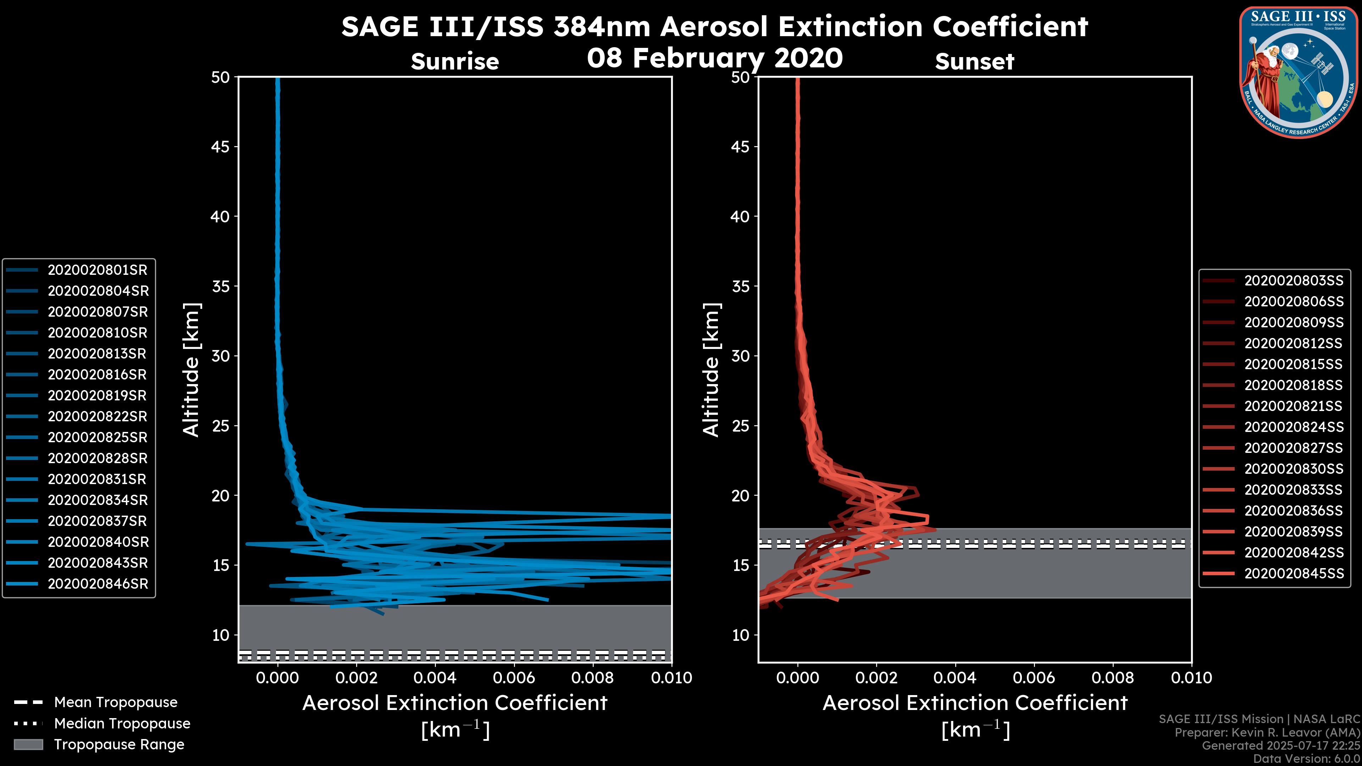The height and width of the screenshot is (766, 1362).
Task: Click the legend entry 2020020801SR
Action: pos(97,270)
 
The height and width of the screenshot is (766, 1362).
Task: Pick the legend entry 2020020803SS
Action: pos(1293,281)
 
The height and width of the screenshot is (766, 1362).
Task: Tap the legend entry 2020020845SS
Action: pos(1293,573)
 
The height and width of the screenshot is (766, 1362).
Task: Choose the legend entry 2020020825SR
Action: pos(97,438)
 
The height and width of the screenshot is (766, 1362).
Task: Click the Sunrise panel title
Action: pos(455,61)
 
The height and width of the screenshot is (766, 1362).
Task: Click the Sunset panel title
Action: pos(974,61)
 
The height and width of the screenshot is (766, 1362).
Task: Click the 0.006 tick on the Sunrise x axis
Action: pos(514,678)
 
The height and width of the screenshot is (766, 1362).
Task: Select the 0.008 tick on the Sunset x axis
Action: pos(1113,678)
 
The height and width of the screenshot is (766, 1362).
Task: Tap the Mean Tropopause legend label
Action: pos(116,703)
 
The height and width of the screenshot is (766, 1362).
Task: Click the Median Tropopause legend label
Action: pos(122,724)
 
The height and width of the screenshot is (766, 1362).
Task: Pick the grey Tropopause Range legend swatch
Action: pos(28,745)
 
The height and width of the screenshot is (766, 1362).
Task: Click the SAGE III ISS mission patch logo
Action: pos(1299,72)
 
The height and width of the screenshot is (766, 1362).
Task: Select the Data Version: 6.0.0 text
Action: pos(1307,759)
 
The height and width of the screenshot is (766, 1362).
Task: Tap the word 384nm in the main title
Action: pos(602,27)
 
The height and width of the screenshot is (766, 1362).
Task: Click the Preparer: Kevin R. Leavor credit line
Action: pos(1267,733)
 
